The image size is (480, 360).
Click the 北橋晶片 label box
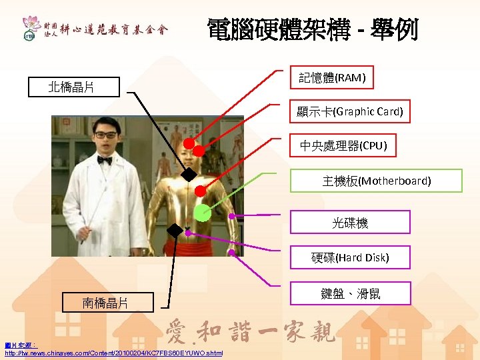point(71,87)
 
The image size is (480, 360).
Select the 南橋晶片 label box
point(105,303)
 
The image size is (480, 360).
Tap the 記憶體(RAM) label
point(332,78)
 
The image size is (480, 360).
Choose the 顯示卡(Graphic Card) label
point(350,111)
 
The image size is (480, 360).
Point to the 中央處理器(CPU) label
point(343,145)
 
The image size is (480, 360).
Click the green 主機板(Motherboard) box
point(377,181)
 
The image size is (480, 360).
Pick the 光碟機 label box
point(350,223)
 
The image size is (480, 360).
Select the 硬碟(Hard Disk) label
point(350,257)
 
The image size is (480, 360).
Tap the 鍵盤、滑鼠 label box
point(350,293)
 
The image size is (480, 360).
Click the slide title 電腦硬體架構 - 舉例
point(313,29)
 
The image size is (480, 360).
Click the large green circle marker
point(203,213)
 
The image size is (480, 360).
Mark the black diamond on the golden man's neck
point(189,175)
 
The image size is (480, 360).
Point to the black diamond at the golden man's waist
point(175,231)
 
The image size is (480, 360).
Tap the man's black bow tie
point(104,160)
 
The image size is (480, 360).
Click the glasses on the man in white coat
point(105,135)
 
